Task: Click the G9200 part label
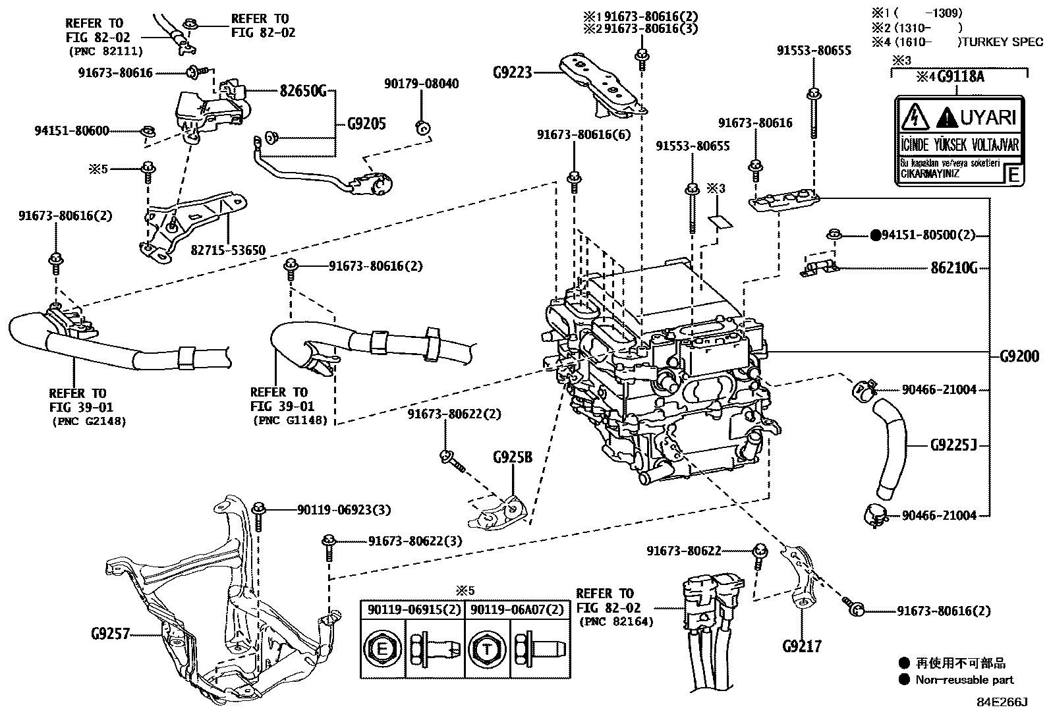[1019, 356]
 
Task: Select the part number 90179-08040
[422, 84]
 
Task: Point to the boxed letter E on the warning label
[1013, 175]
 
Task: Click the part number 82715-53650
[228, 250]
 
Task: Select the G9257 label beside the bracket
[109, 634]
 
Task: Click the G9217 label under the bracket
[802, 646]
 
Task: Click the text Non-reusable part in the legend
[964, 679]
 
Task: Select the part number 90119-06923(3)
[343, 509]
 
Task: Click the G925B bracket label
[512, 457]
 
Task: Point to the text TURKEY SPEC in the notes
[1008, 42]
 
